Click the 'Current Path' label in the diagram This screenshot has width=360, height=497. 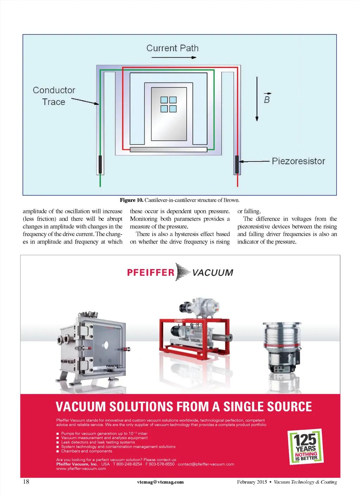tap(172, 48)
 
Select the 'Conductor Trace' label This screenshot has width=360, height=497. tap(54, 96)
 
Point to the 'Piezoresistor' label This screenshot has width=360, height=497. tap(298, 161)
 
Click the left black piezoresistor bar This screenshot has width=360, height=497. tap(100, 164)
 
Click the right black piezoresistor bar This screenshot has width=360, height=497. tap(237, 164)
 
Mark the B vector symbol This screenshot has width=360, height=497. tap(267, 99)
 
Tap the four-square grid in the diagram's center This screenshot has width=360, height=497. tap(168, 104)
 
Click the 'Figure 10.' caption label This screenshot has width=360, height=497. tap(131, 200)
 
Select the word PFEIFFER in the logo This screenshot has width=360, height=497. tap(151, 273)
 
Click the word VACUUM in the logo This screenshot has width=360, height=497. tap(213, 273)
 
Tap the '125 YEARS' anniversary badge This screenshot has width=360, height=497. tap(306, 447)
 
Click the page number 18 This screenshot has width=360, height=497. tap(26, 482)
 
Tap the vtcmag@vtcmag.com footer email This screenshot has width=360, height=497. tap(160, 482)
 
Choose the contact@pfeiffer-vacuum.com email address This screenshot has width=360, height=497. tap(206, 464)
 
